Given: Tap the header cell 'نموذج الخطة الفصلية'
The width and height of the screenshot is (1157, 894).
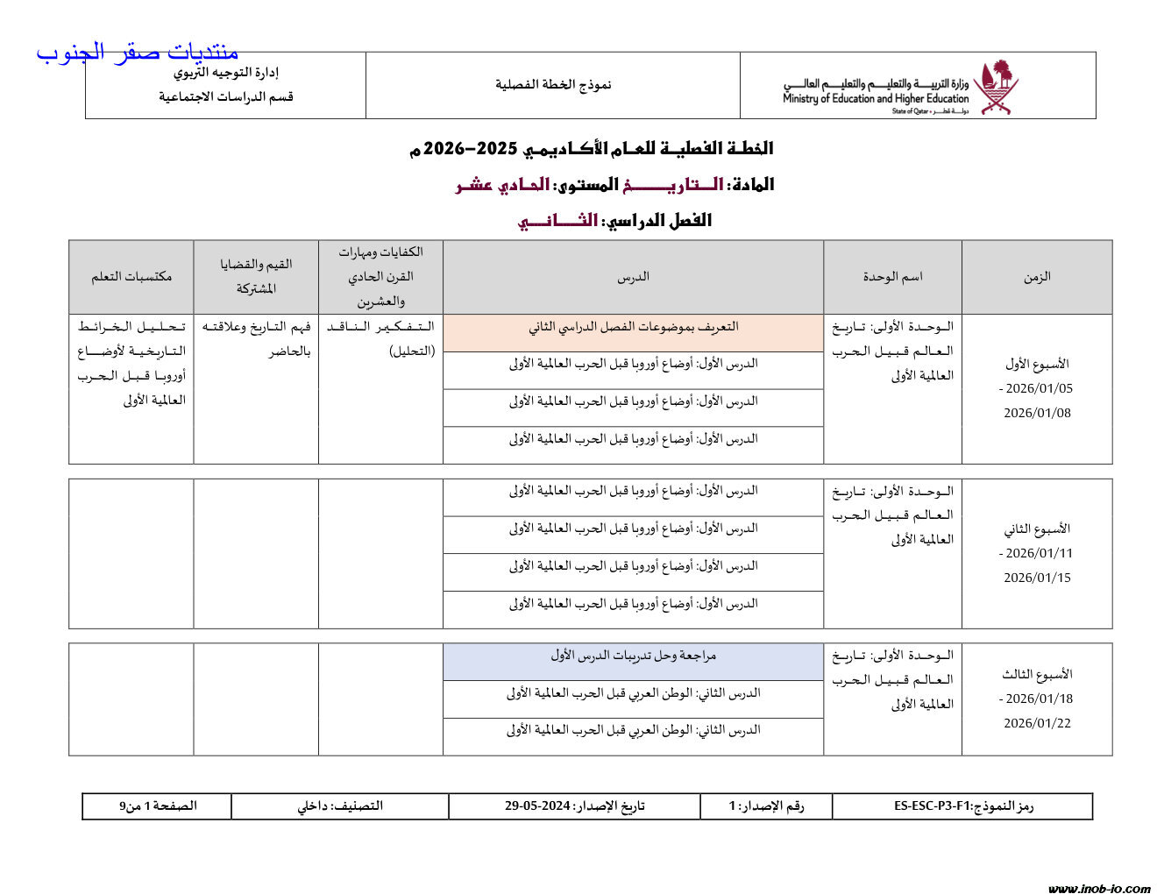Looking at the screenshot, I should (x=553, y=85).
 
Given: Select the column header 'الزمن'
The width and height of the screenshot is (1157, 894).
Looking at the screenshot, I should (x=1037, y=277).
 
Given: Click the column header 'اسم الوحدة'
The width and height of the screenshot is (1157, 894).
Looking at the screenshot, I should (x=892, y=277).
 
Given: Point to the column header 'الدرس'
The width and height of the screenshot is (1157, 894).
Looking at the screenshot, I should (x=633, y=277).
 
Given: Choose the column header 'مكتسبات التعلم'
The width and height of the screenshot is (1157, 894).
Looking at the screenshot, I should (x=131, y=277).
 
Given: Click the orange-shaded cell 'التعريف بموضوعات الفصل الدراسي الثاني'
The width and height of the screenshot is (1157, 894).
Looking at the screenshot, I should (x=633, y=327).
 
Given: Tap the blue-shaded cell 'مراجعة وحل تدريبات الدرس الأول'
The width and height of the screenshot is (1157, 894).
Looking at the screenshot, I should (x=633, y=656).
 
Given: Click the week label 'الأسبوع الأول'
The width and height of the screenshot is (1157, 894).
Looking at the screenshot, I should (x=1037, y=364).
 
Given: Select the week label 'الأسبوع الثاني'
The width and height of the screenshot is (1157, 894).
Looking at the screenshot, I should (x=1037, y=529).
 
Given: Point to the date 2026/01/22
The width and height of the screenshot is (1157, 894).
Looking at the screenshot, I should (x=1037, y=724).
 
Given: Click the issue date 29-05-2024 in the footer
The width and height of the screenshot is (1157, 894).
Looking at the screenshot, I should (x=537, y=806).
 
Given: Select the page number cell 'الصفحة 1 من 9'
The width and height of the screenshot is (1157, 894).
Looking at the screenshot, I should (x=158, y=806).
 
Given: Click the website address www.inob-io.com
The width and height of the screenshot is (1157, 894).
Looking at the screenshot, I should (x=1099, y=889).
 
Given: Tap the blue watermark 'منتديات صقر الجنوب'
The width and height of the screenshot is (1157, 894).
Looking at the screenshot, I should (x=137, y=52).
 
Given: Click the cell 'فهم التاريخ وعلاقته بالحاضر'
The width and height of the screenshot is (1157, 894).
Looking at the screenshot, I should (x=256, y=339).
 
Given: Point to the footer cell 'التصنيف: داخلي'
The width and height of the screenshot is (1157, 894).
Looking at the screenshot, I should (x=340, y=806).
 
